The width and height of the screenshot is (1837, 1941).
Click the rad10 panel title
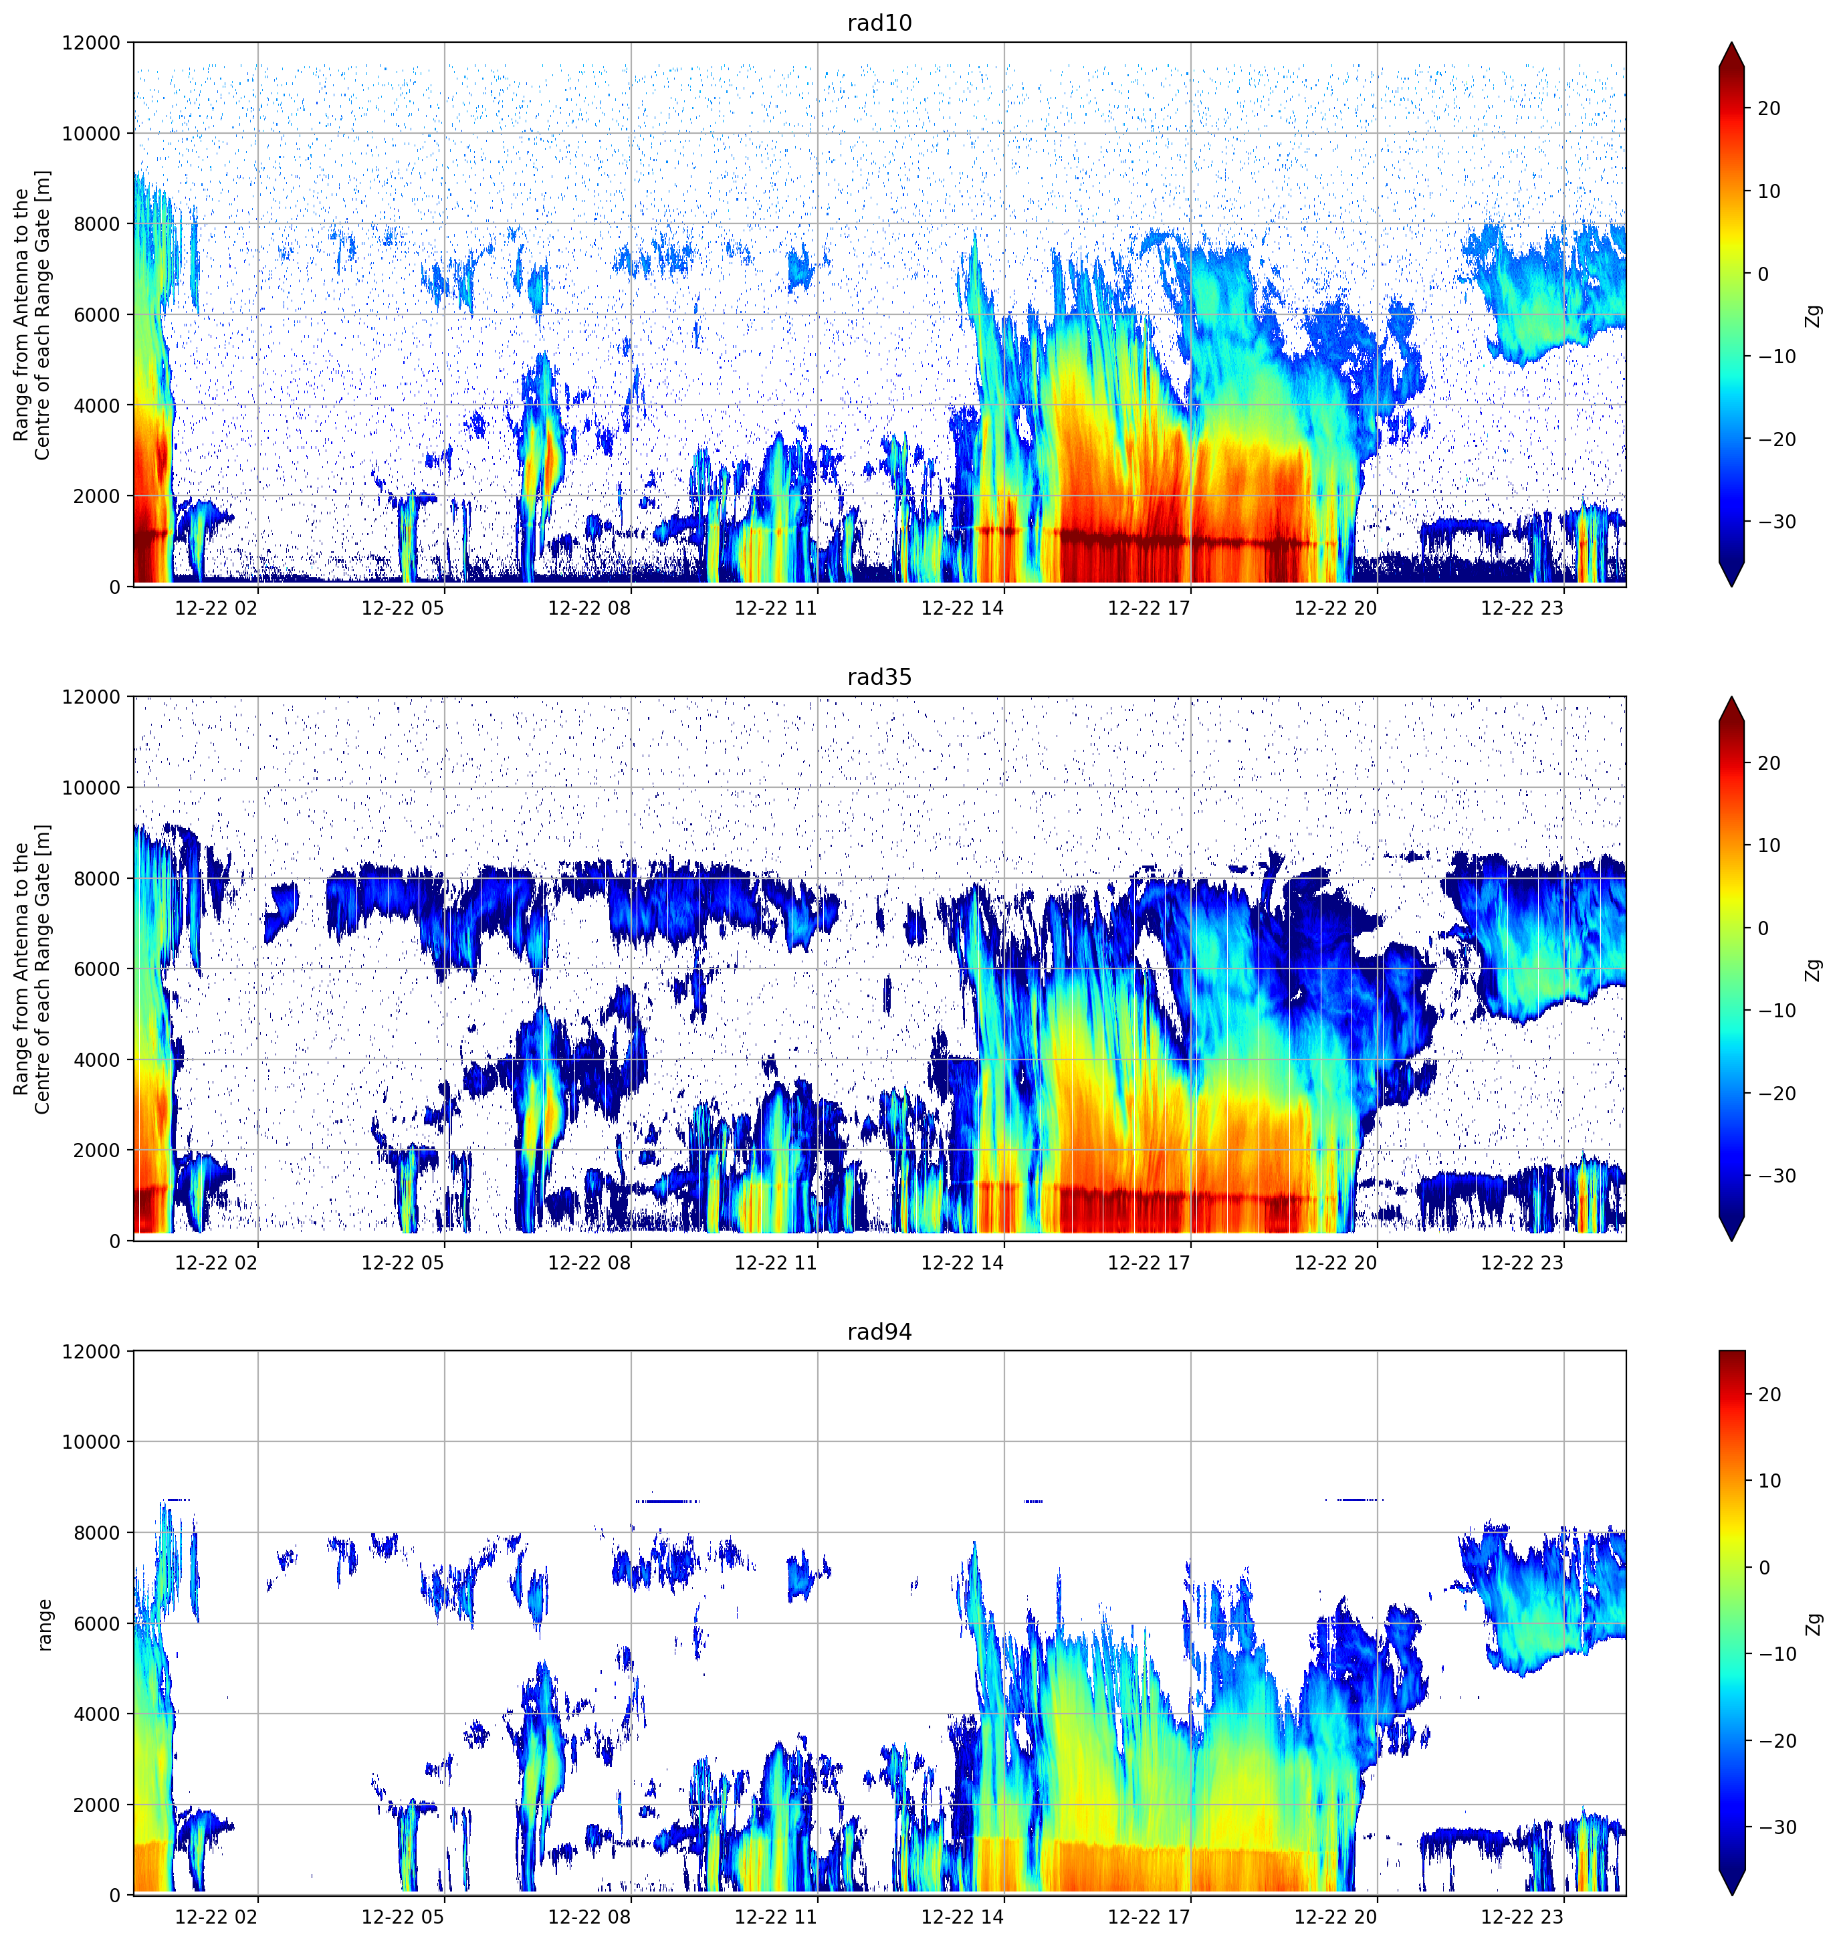[879, 23]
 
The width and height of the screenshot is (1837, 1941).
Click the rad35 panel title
[879, 678]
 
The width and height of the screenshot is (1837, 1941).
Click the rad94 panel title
[879, 1332]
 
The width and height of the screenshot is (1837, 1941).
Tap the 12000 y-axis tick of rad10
[91, 43]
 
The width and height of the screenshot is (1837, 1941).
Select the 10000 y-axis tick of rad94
[91, 1441]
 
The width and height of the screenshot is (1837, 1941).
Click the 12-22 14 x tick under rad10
[962, 608]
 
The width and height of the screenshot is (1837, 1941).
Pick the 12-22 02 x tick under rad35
[217, 1262]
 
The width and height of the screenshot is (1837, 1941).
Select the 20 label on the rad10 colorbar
[1769, 109]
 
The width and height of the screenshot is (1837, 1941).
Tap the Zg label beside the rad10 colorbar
[1814, 315]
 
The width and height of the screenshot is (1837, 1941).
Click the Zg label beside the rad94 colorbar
[1814, 1624]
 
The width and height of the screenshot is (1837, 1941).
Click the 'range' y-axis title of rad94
[44, 1625]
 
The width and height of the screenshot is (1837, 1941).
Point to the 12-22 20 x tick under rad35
[1335, 1262]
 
